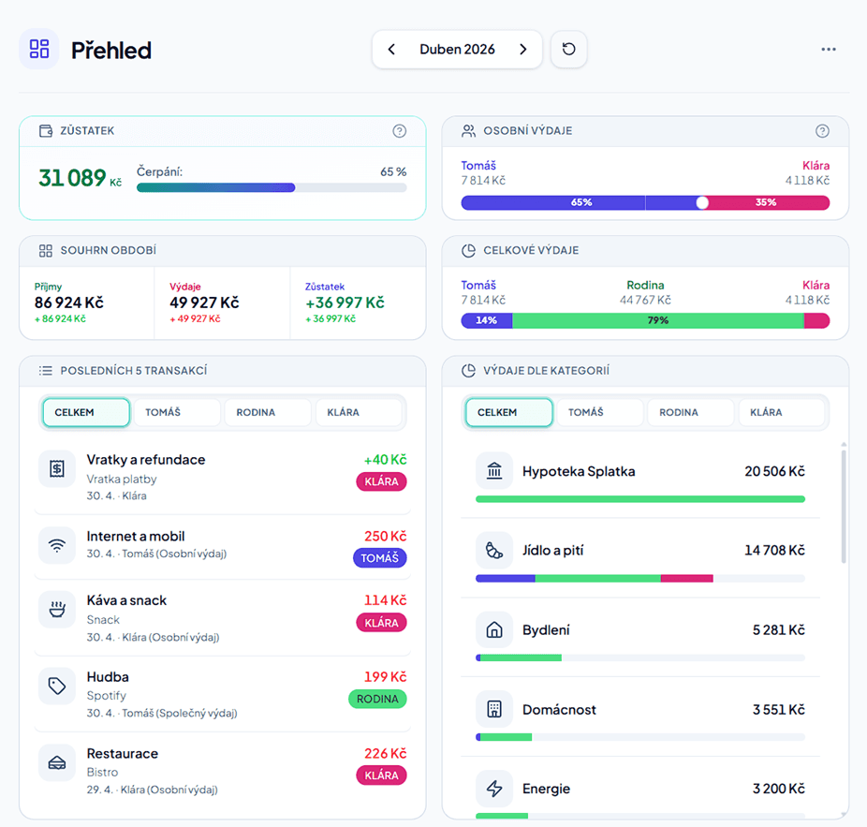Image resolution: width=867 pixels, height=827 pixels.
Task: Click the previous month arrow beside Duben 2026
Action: click(x=391, y=50)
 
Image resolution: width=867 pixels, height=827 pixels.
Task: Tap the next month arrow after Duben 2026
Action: click(x=523, y=50)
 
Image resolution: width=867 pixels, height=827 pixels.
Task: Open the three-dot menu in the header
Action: click(x=829, y=50)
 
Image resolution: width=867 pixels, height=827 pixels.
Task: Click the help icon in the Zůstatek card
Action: click(x=399, y=131)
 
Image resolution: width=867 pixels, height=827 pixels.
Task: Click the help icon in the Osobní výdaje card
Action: click(x=822, y=131)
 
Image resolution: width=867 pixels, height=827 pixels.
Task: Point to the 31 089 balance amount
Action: click(x=72, y=178)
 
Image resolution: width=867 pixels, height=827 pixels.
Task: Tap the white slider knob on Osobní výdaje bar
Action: click(x=702, y=203)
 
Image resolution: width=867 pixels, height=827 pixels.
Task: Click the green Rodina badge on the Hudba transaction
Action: click(x=377, y=700)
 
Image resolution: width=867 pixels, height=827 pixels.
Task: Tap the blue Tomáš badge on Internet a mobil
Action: click(x=380, y=558)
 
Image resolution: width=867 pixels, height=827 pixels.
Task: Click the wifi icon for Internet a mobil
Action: click(x=57, y=546)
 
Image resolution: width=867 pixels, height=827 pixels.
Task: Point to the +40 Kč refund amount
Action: click(x=385, y=460)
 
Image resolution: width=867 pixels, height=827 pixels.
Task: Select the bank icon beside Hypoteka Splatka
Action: click(x=494, y=471)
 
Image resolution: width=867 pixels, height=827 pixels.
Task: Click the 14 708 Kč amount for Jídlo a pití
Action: click(x=774, y=551)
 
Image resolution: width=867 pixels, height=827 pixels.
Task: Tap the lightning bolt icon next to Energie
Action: click(x=494, y=789)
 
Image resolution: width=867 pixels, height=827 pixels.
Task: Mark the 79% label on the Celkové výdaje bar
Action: click(x=658, y=321)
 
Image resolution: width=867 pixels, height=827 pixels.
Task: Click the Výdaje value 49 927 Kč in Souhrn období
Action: click(x=205, y=303)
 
